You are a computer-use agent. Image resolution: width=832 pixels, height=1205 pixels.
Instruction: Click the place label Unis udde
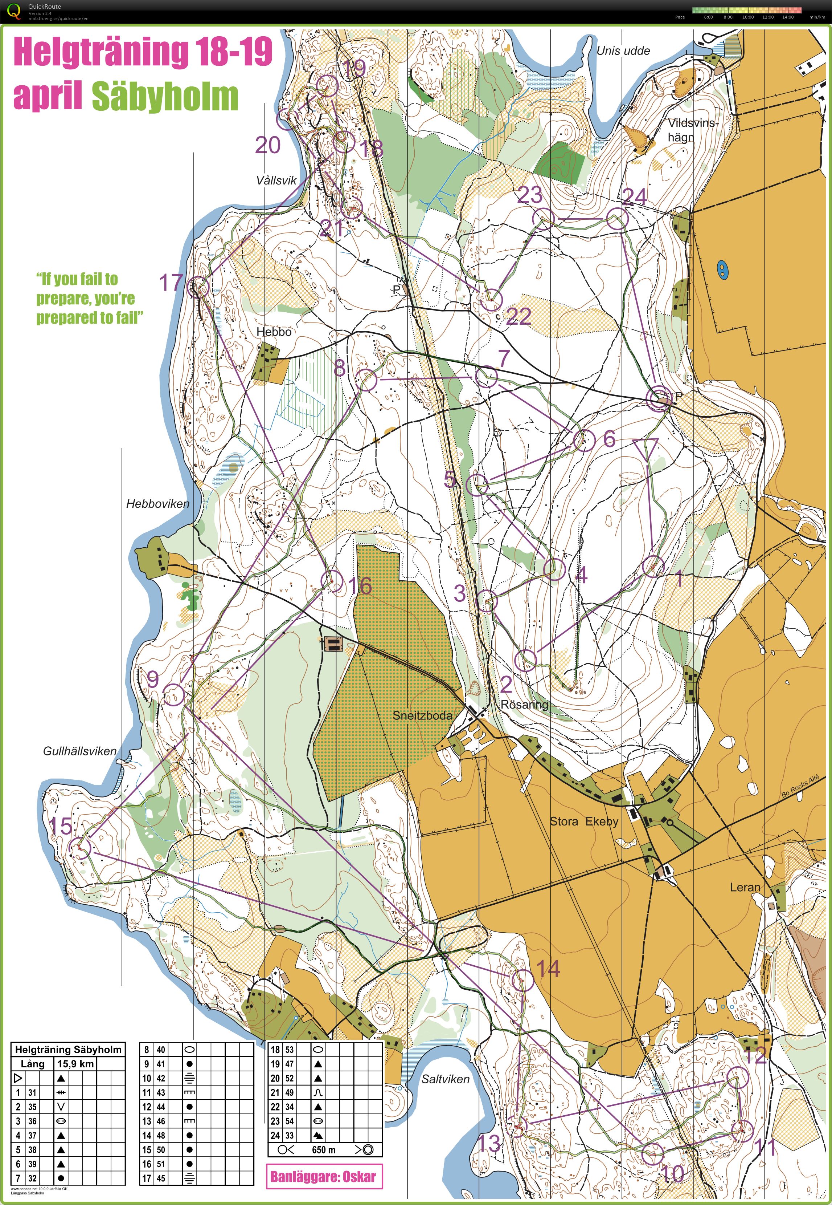623,50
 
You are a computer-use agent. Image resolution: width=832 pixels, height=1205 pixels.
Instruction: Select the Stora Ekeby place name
584,821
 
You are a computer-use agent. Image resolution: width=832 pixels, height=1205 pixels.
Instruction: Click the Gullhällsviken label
80,751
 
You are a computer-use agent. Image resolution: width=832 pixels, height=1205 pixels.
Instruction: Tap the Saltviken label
445,1079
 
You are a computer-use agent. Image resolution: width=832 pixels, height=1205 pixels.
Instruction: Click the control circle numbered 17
198,287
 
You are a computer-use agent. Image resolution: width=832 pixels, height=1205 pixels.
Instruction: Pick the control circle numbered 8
366,380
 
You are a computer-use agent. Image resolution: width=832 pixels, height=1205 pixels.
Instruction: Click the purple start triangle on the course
645,447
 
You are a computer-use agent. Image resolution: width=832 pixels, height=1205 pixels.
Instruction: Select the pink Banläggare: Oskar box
324,1176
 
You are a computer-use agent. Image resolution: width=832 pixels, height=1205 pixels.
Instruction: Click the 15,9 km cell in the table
75,1064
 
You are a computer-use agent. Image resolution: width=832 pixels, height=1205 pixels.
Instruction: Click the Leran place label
745,887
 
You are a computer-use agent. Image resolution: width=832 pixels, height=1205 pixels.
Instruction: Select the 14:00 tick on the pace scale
788,17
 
